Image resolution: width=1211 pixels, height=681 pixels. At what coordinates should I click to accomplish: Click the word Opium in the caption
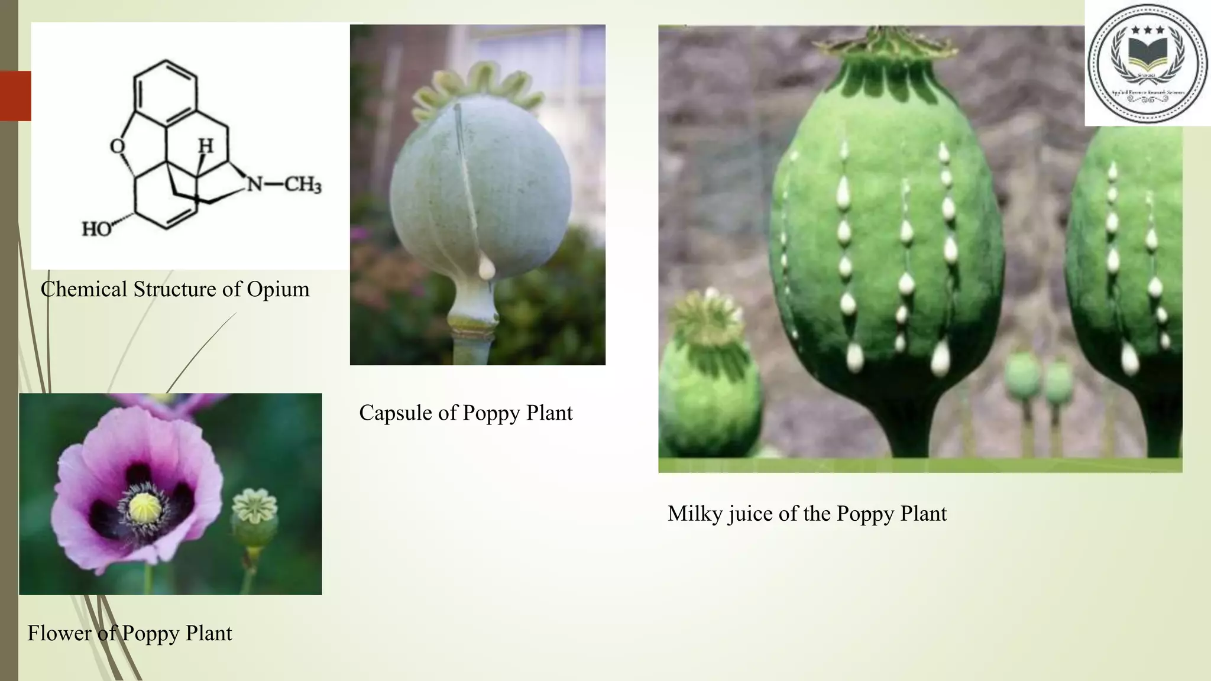click(278, 290)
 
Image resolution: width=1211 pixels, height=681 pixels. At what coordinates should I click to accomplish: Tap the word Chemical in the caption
click(84, 290)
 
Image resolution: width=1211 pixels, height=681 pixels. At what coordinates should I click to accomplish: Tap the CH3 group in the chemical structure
click(303, 185)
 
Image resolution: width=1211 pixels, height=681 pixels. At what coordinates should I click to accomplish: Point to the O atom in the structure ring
click(118, 146)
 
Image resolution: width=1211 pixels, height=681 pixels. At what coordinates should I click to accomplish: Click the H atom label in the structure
click(205, 145)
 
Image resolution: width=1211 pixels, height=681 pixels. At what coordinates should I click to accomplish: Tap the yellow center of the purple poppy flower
click(145, 507)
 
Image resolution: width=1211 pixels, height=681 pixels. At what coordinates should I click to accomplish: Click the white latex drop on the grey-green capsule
click(486, 268)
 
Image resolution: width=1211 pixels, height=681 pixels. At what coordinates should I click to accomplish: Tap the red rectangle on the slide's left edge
click(15, 96)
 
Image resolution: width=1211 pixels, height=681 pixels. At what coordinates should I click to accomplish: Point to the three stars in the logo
click(1147, 30)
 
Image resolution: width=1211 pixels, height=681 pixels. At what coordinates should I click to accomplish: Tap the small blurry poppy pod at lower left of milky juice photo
click(710, 378)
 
